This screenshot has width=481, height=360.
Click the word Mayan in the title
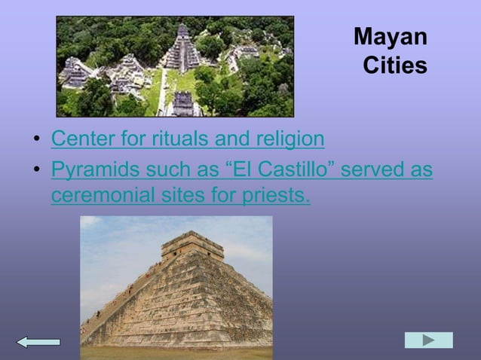point(390,37)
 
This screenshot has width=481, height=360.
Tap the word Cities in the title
point(395,66)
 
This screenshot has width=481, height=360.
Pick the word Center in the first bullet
point(79,139)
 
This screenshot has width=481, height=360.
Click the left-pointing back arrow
point(38,342)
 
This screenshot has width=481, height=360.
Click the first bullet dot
point(35,141)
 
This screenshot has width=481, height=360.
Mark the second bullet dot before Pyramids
point(35,171)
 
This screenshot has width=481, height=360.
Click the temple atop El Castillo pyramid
point(182,246)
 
